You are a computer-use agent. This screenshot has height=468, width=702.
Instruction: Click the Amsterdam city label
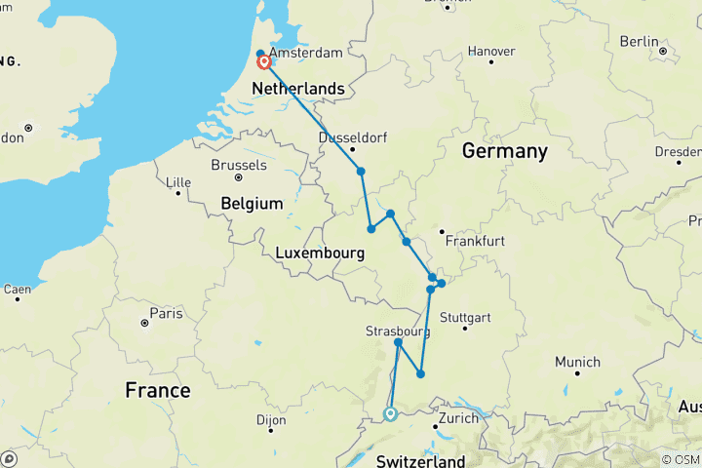[x=305, y=52]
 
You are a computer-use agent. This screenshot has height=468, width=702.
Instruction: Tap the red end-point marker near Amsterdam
[x=263, y=63]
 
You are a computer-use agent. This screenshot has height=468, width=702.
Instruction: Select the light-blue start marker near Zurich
[x=390, y=414]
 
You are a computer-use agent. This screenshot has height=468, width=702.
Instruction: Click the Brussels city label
[x=239, y=165]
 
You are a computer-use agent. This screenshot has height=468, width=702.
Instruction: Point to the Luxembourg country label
[x=320, y=253]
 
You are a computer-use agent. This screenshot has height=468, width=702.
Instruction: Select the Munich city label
[x=577, y=362]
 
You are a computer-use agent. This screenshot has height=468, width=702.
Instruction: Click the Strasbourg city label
[x=398, y=331]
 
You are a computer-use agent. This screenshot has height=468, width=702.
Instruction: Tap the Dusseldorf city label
[x=354, y=137]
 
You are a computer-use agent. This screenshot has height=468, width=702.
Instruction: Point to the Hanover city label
[x=491, y=51]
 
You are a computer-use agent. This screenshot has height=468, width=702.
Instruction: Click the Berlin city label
[x=639, y=41]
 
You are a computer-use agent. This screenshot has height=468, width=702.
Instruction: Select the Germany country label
[x=504, y=151]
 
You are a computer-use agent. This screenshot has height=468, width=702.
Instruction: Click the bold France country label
[x=158, y=390]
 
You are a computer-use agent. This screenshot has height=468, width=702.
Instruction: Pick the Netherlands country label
[x=297, y=89]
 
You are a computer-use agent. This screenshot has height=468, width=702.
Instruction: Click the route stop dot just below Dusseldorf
[x=361, y=172]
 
